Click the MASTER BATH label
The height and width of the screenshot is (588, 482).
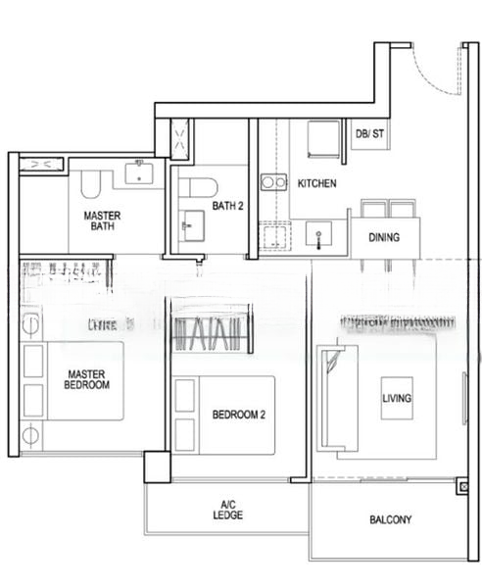[x=101, y=220]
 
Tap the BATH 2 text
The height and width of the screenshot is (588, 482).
[x=227, y=205]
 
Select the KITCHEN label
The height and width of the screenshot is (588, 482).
[x=316, y=183]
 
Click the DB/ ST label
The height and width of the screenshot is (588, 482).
[x=370, y=133]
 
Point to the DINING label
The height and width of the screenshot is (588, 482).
[x=383, y=237]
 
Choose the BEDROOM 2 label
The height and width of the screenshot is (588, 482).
[x=239, y=415]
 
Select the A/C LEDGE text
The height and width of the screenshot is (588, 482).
[x=227, y=510]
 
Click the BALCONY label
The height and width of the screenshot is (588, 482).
[x=390, y=520]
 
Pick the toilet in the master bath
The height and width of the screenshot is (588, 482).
[x=91, y=183]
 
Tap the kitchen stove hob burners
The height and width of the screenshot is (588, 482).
[x=273, y=181]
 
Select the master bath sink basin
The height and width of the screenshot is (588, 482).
[x=138, y=174]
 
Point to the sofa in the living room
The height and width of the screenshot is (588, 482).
[x=330, y=397]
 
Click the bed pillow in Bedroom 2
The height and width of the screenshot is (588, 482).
[x=184, y=399]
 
